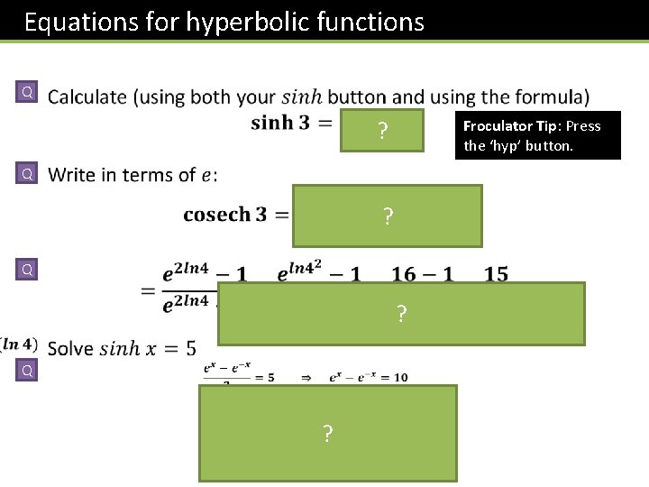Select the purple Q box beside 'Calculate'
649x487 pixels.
click(28, 92)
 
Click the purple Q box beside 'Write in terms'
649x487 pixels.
click(28, 172)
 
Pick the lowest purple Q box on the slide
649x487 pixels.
click(28, 370)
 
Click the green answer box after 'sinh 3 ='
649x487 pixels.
click(382, 132)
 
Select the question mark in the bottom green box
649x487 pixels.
click(327, 435)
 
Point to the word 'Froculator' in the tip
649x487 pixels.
click(498, 125)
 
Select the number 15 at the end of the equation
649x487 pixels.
click(496, 273)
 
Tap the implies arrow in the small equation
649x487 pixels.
click(306, 377)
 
